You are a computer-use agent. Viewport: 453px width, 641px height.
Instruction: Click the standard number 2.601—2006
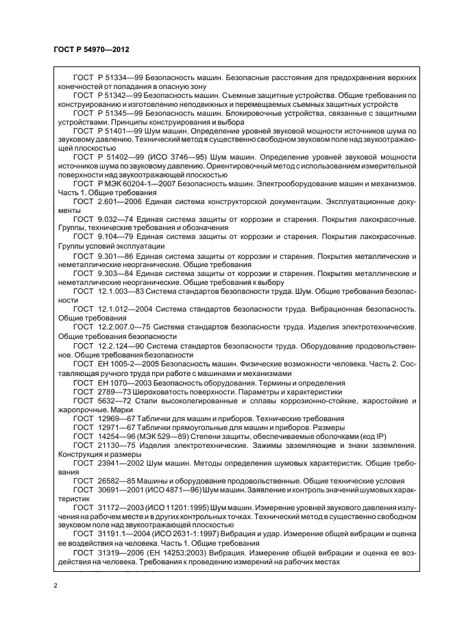coord(119,201)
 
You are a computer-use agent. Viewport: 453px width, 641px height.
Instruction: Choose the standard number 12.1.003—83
coord(121,290)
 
